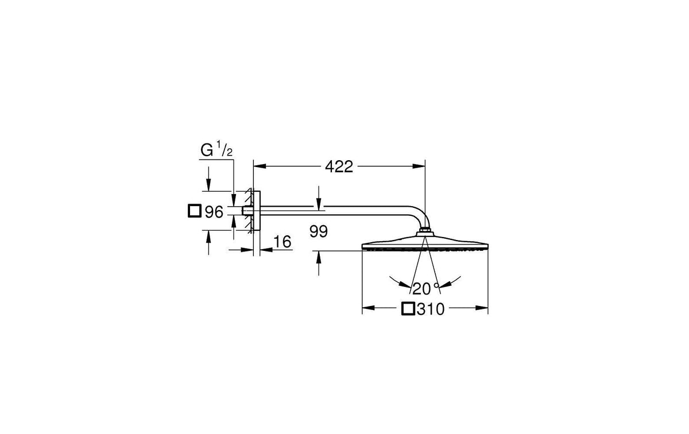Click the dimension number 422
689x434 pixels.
pyautogui.click(x=339, y=166)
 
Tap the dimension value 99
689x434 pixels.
pyautogui.click(x=319, y=231)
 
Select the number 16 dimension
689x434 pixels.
pyautogui.click(x=282, y=242)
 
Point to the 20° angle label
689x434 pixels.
pyautogui.click(x=425, y=289)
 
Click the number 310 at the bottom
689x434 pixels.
pyautogui.click(x=431, y=309)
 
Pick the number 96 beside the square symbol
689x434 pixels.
pyautogui.click(x=214, y=212)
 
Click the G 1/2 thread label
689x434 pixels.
pyautogui.click(x=216, y=149)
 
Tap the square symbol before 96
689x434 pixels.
pyautogui.click(x=195, y=211)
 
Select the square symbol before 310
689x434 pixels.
pyautogui.click(x=408, y=309)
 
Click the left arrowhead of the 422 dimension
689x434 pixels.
pyautogui.click(x=260, y=166)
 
